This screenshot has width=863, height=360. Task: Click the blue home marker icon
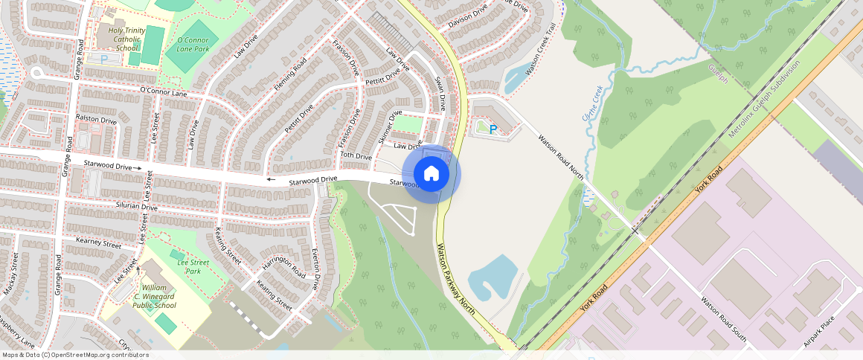pyautogui.click(x=431, y=174)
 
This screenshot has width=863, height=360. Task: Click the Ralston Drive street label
pyautogui.click(x=97, y=120)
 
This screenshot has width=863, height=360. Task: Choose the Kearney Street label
pyautogui.click(x=98, y=243)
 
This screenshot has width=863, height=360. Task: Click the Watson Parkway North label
pyautogui.click(x=455, y=279)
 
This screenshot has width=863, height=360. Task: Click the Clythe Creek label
pyautogui.click(x=589, y=105)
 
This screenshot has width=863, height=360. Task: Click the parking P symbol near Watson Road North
pyautogui.click(x=493, y=129)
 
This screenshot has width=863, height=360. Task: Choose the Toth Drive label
pyautogui.click(x=356, y=156)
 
